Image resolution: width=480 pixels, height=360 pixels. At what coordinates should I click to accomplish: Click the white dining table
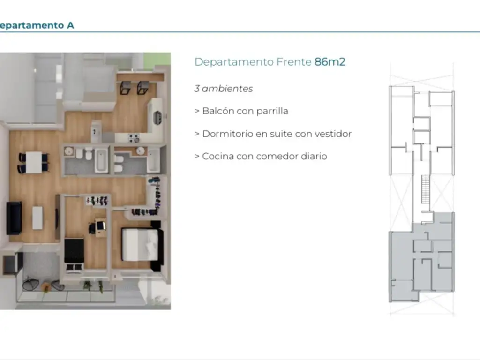[x=34, y=162]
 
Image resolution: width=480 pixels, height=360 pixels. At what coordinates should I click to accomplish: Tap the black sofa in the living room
[x=14, y=217]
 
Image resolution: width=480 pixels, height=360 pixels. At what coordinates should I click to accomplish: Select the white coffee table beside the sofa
[x=37, y=217]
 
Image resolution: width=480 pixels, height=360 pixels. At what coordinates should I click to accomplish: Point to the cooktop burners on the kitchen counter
[x=134, y=138]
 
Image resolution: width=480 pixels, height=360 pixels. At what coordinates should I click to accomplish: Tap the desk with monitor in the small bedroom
[x=100, y=227]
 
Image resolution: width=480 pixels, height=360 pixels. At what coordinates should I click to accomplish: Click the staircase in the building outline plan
[x=426, y=189]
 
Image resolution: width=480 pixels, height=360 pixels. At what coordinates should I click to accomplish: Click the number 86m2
[x=330, y=62]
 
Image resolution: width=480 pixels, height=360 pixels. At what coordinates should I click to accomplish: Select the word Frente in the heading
[x=294, y=62]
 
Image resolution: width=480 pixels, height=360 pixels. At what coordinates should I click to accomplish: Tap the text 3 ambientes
[x=224, y=89]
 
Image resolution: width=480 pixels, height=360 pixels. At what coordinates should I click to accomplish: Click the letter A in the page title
[x=70, y=25]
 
